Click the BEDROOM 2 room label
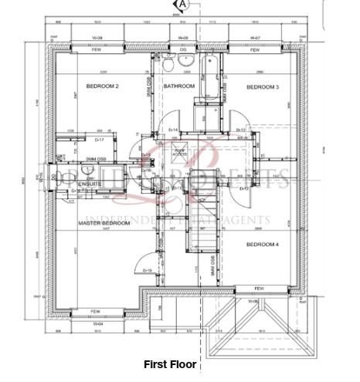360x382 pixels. point(102,86)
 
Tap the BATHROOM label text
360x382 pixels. point(179,86)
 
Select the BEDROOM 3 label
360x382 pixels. point(262,86)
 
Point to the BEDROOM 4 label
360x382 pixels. point(262,244)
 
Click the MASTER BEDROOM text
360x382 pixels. point(104,223)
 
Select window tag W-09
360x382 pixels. point(99,37)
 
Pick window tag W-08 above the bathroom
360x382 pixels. point(183,37)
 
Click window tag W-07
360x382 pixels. point(256,37)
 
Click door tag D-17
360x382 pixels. point(99,140)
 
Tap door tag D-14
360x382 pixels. point(173,130)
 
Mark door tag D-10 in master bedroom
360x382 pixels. point(145,271)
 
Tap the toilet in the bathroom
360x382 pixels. point(187,63)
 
